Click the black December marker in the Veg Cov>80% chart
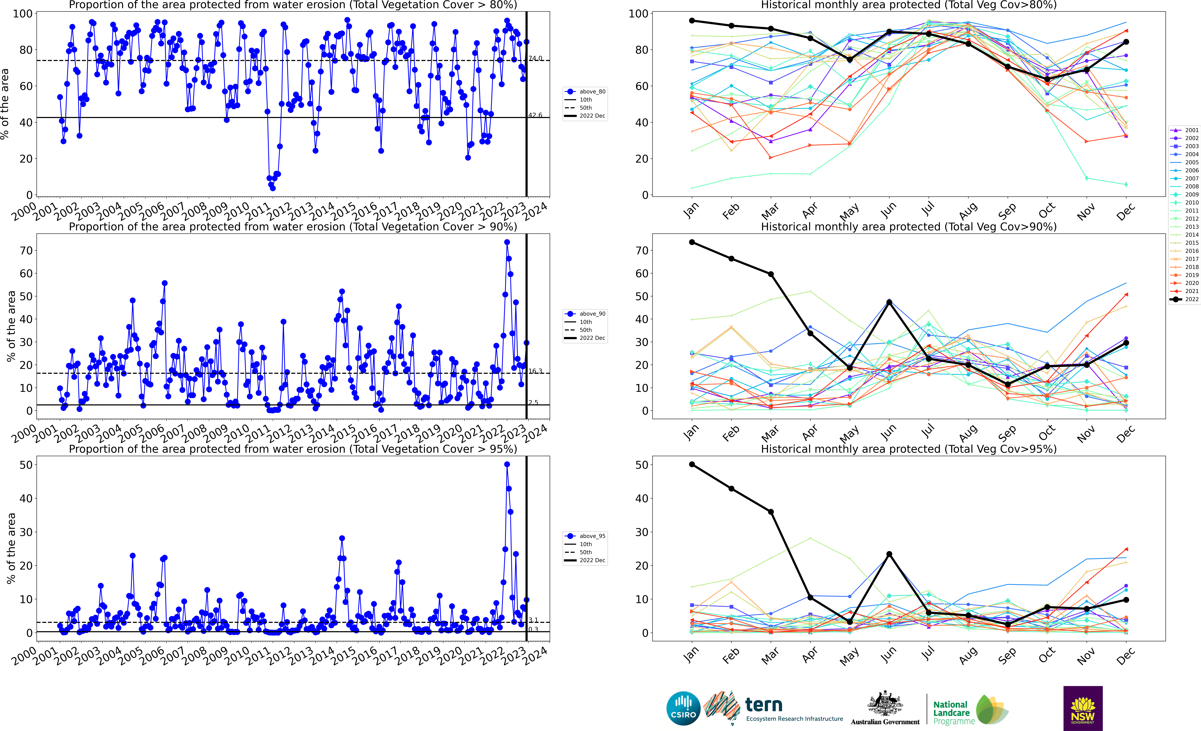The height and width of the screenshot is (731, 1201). click(1126, 42)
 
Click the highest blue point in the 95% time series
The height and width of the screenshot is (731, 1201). click(507, 464)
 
